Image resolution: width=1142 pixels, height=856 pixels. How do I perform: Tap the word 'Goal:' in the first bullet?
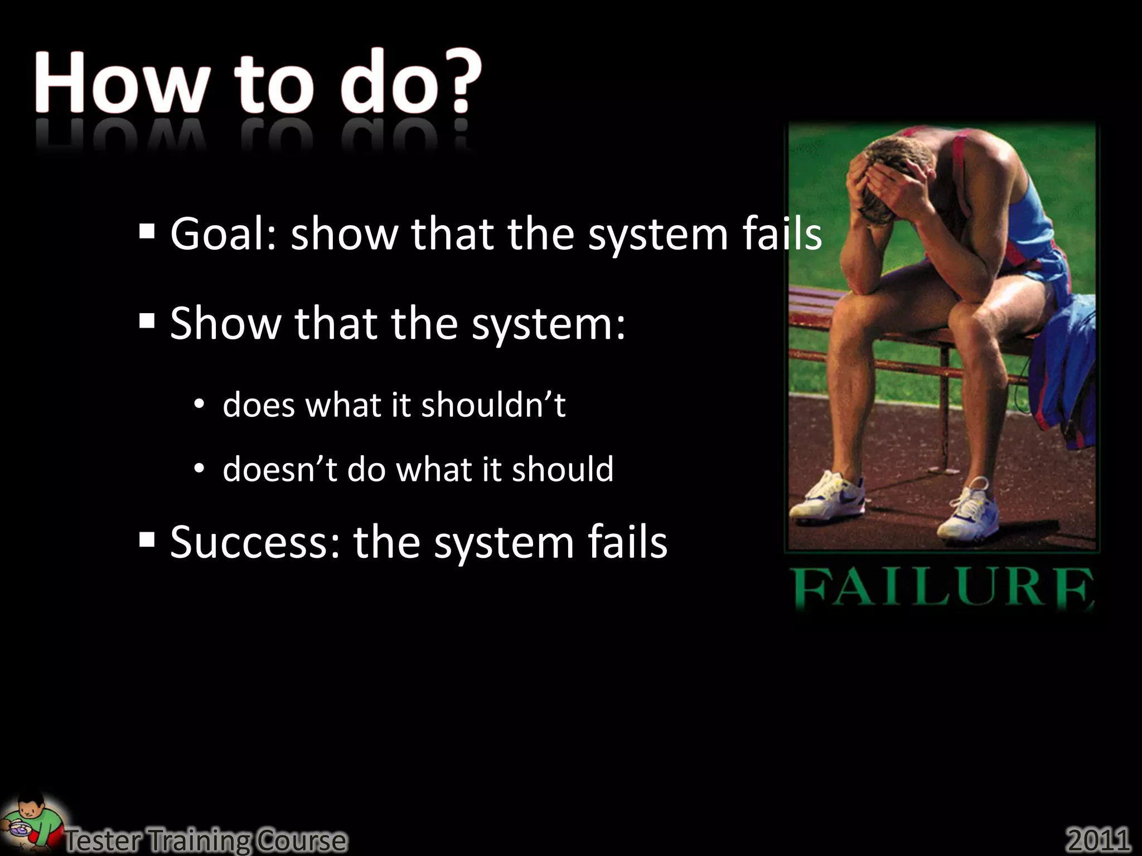pyautogui.click(x=224, y=234)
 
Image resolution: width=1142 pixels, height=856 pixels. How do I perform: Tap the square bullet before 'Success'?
pyautogui.click(x=147, y=539)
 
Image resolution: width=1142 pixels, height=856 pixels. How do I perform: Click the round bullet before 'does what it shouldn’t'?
pyautogui.click(x=200, y=404)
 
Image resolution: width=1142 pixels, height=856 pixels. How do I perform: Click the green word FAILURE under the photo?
pyautogui.click(x=942, y=590)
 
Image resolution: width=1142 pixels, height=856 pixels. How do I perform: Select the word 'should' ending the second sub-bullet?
pyautogui.click(x=563, y=469)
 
